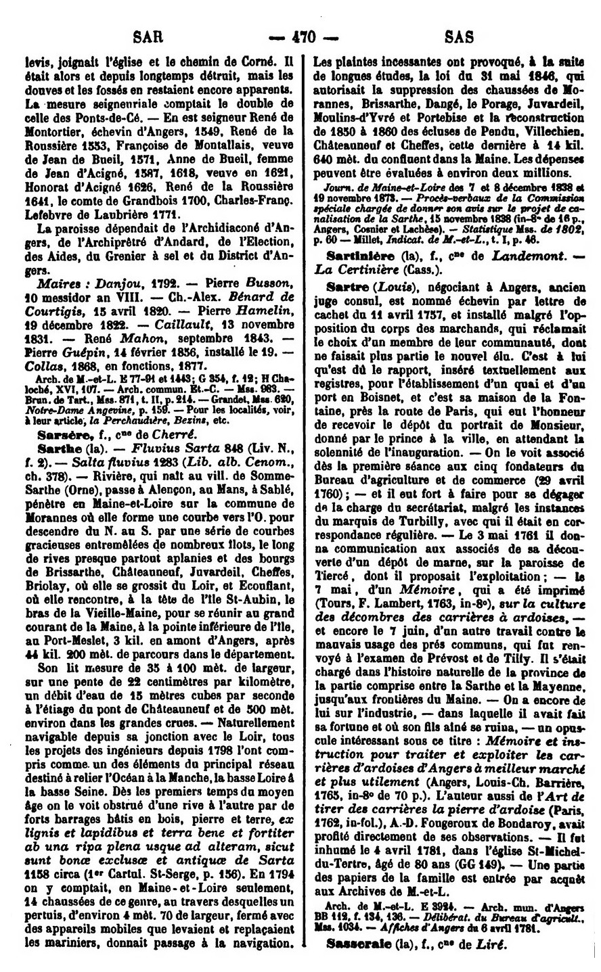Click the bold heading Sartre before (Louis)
pos(344,288)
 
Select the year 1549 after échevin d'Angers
pos(197,129)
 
